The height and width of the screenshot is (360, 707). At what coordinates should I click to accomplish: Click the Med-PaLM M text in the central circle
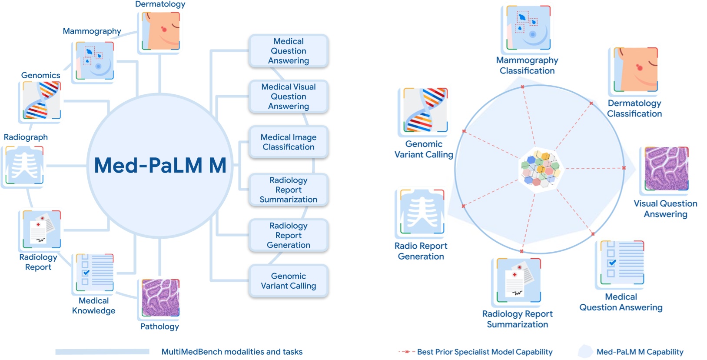pyautogui.click(x=160, y=166)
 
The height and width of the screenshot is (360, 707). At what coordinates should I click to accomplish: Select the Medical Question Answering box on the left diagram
pyautogui.click(x=289, y=51)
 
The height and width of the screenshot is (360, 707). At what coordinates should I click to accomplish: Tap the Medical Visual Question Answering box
pyautogui.click(x=289, y=97)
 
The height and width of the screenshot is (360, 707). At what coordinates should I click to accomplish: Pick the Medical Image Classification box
pyautogui.click(x=289, y=142)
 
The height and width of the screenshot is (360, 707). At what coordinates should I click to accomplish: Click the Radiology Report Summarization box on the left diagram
pyautogui.click(x=289, y=190)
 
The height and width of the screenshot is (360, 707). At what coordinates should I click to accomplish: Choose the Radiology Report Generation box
pyautogui.click(x=289, y=235)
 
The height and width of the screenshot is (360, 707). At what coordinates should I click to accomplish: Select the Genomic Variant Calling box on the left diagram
pyautogui.click(x=289, y=281)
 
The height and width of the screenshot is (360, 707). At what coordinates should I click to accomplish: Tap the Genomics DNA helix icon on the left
pyautogui.click(x=41, y=100)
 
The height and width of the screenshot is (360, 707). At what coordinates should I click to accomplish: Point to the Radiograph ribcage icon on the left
pyautogui.click(x=24, y=165)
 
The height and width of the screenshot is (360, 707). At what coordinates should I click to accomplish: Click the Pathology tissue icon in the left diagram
pyautogui.click(x=160, y=298)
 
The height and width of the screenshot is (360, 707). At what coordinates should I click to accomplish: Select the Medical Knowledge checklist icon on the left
pyautogui.click(x=95, y=273)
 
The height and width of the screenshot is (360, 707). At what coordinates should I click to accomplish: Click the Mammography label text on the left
pyautogui.click(x=92, y=31)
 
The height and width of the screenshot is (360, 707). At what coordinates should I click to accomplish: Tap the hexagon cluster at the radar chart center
pyautogui.click(x=540, y=168)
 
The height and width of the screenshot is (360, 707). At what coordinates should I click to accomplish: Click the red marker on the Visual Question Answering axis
pyautogui.click(x=624, y=168)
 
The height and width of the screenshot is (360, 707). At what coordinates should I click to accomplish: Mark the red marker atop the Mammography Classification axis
pyautogui.click(x=522, y=87)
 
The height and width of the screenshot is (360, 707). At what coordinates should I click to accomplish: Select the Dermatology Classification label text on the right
pyautogui.click(x=634, y=109)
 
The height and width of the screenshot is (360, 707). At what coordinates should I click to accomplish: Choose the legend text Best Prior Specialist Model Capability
pyautogui.click(x=485, y=352)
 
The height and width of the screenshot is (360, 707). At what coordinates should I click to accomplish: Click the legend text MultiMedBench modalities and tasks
pyautogui.click(x=232, y=352)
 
